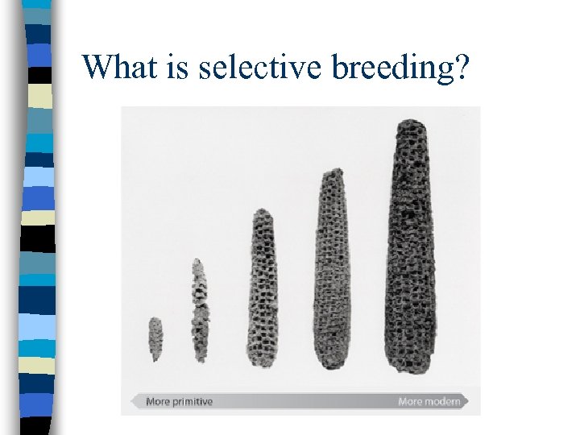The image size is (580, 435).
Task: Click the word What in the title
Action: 117,68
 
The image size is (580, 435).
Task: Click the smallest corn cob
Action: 155,339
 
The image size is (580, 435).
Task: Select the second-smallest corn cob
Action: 199,310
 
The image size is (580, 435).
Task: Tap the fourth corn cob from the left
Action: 331,269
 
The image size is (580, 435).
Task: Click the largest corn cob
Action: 410,246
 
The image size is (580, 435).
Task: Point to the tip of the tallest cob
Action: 410,122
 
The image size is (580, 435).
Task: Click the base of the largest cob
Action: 412,369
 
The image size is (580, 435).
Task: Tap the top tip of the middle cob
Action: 263,211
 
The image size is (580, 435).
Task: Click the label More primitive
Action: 179,401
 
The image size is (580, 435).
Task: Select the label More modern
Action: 429,401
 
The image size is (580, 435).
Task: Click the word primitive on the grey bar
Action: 193,401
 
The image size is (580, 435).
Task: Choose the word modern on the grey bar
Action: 442,401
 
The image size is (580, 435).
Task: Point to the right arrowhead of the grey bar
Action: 467,401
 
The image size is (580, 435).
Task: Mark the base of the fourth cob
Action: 330,366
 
